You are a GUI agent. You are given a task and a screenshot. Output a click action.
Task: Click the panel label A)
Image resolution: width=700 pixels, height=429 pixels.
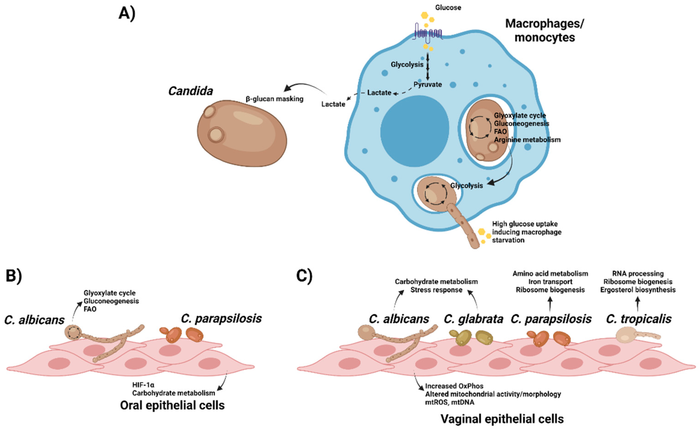tap(127, 13)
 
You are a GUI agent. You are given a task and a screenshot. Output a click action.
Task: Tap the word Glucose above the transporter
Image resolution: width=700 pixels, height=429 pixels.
tap(448, 8)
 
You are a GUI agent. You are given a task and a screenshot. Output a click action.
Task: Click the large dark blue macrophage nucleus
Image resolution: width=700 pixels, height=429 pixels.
tap(415, 131)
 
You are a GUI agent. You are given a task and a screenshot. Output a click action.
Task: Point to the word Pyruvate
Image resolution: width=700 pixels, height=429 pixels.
tap(428, 84)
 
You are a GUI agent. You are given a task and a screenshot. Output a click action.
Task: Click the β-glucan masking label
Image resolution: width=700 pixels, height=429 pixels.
tap(274, 99)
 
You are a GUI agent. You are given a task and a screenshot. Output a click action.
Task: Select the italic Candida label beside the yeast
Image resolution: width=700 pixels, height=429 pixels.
tap(190, 91)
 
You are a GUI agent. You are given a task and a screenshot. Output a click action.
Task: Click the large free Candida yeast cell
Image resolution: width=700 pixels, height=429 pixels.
tap(242, 133)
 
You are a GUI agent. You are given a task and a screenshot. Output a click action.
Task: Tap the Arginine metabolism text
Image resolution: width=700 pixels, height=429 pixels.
tap(527, 140)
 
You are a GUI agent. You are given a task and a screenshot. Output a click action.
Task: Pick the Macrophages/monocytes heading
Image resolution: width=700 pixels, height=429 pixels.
tap(544, 31)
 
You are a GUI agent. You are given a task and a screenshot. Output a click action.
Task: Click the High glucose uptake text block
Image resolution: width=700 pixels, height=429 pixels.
tap(526, 232)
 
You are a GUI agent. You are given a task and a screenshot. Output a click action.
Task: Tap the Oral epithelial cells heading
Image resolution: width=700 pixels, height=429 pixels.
tap(172, 405)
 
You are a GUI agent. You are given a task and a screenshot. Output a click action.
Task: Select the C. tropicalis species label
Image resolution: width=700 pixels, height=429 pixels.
tap(638, 319)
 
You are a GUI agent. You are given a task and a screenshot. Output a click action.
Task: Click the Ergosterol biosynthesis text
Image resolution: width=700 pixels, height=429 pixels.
tap(638, 290)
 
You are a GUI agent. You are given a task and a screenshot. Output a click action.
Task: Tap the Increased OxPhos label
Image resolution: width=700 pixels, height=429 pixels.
tap(454, 386)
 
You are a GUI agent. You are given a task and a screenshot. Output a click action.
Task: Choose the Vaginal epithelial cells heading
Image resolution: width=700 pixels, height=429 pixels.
tap(502, 419)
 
